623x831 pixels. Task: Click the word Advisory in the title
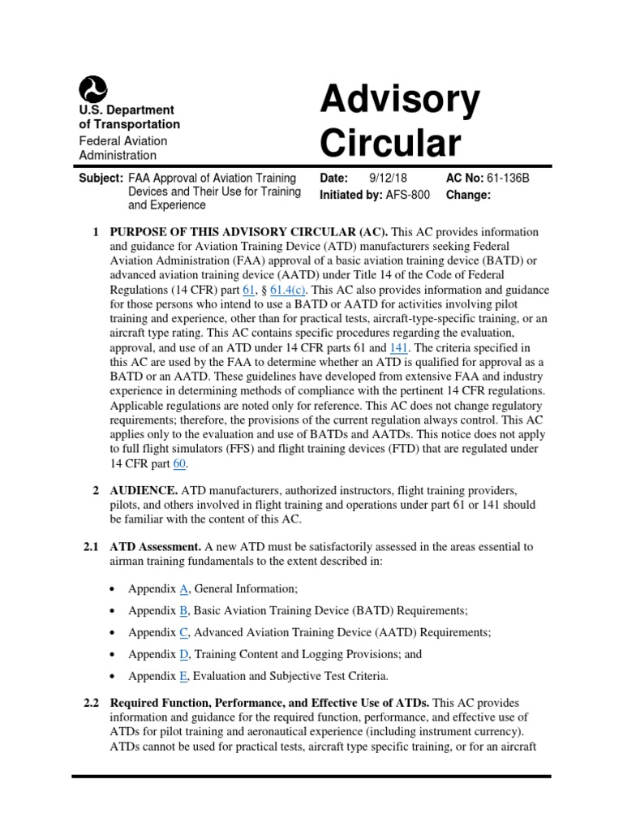[x=400, y=101]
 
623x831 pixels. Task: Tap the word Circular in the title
[x=389, y=144]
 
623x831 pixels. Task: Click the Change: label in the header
[x=469, y=195]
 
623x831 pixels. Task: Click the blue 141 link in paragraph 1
[x=399, y=348]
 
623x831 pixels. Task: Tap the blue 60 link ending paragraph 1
[x=180, y=464]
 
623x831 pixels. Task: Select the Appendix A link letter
[x=183, y=589]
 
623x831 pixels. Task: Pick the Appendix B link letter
[x=183, y=610]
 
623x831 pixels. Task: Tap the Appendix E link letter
[x=183, y=675]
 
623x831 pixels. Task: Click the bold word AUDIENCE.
[x=144, y=491]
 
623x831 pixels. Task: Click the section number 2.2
[x=92, y=702]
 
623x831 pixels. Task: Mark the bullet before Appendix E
[x=111, y=675]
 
